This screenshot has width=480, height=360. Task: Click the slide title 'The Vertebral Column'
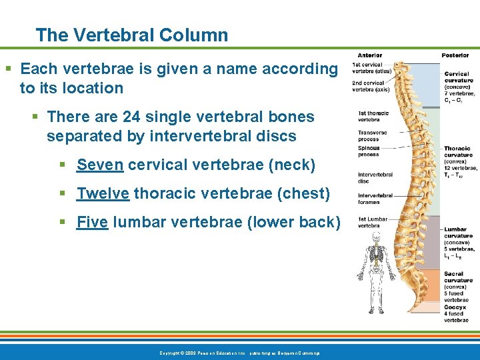click(131, 35)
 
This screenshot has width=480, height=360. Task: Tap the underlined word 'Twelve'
click(103, 194)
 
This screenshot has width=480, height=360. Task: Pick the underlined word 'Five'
click(93, 223)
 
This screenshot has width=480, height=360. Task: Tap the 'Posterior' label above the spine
click(455, 55)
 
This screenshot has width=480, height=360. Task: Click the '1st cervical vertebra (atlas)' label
click(371, 67)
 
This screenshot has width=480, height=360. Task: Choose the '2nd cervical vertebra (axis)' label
click(371, 86)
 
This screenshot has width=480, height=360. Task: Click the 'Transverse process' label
click(371, 136)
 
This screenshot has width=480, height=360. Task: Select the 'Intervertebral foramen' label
click(375, 199)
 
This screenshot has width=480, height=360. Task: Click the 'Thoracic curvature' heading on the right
click(457, 152)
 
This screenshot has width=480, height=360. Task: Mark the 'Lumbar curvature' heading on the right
click(458, 233)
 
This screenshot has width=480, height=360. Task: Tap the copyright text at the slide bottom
click(239, 352)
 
